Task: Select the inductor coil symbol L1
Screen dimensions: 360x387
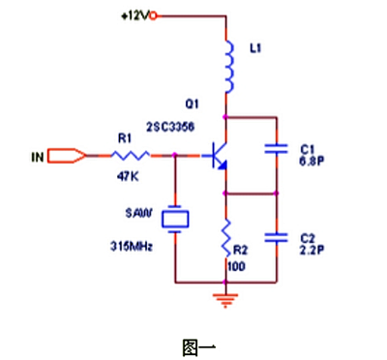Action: click(229, 66)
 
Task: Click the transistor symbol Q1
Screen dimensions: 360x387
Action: click(219, 156)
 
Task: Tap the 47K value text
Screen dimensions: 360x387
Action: click(126, 176)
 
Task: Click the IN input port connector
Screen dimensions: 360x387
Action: click(63, 155)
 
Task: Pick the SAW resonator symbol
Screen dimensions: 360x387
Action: click(175, 220)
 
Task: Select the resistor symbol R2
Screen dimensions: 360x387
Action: click(225, 234)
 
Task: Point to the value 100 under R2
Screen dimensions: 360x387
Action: click(236, 264)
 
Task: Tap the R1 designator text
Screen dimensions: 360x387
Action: click(124, 139)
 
